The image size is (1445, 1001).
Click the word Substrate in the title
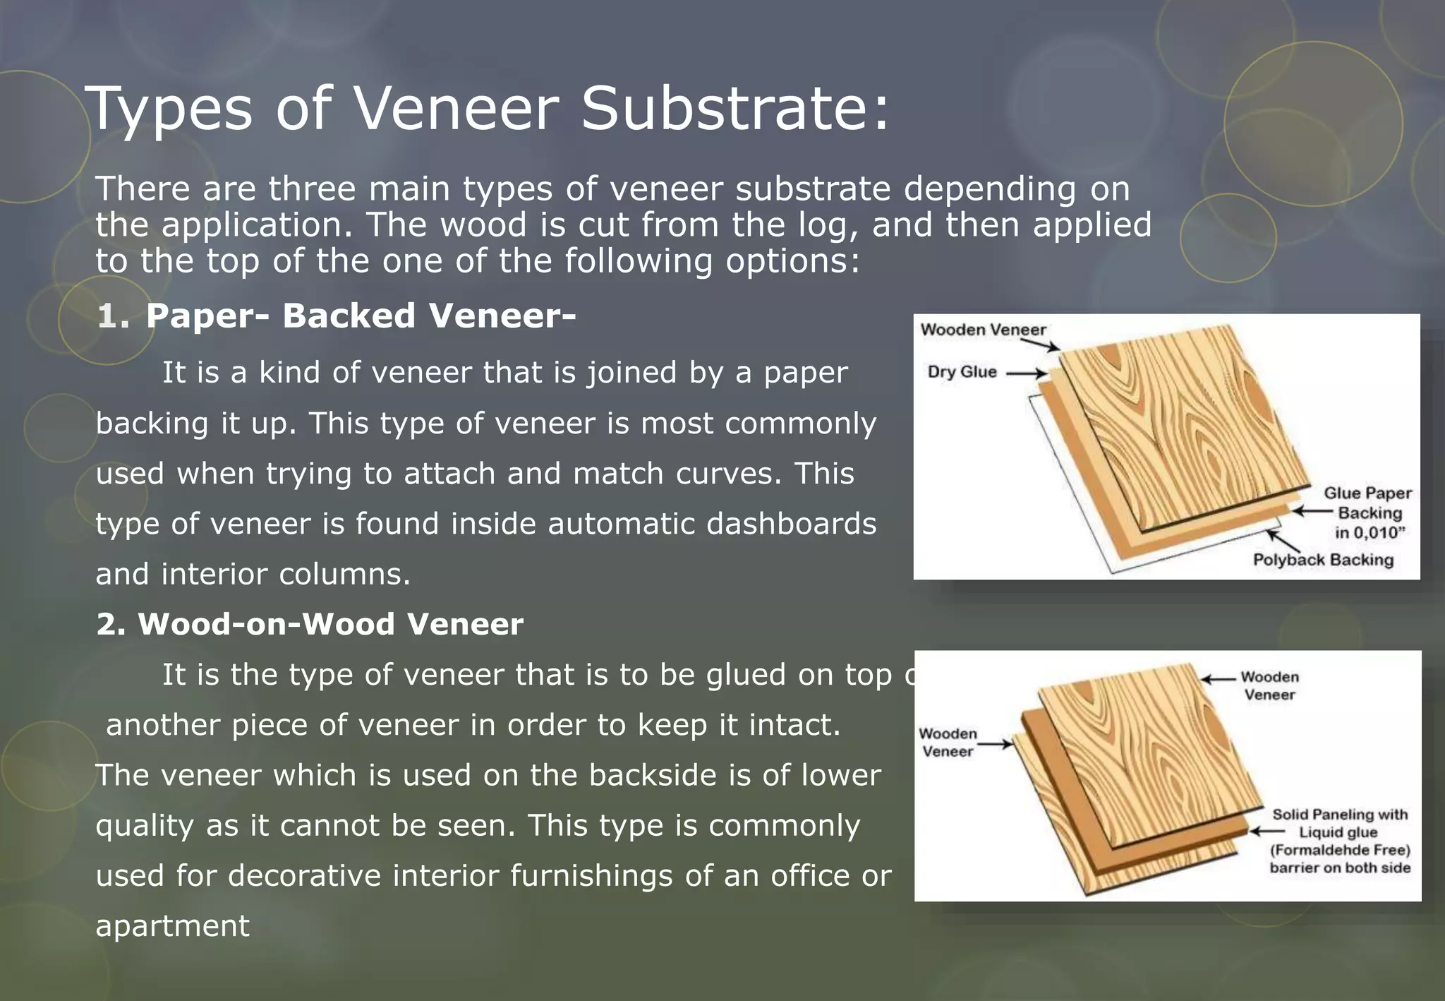coord(734,109)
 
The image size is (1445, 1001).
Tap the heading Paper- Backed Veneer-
coord(361,316)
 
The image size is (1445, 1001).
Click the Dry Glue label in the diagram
coord(962,372)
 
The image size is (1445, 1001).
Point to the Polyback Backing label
coord(1323,560)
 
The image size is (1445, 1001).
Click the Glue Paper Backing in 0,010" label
coord(1367,513)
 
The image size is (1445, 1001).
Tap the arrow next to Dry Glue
coord(1026,373)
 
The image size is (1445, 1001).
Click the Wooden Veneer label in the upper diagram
coord(983,330)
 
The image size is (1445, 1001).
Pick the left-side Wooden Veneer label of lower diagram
coord(948,743)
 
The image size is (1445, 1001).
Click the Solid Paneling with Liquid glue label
coord(1339,841)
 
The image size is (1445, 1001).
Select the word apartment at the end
coord(172,925)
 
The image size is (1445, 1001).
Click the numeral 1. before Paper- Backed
coord(113,316)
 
